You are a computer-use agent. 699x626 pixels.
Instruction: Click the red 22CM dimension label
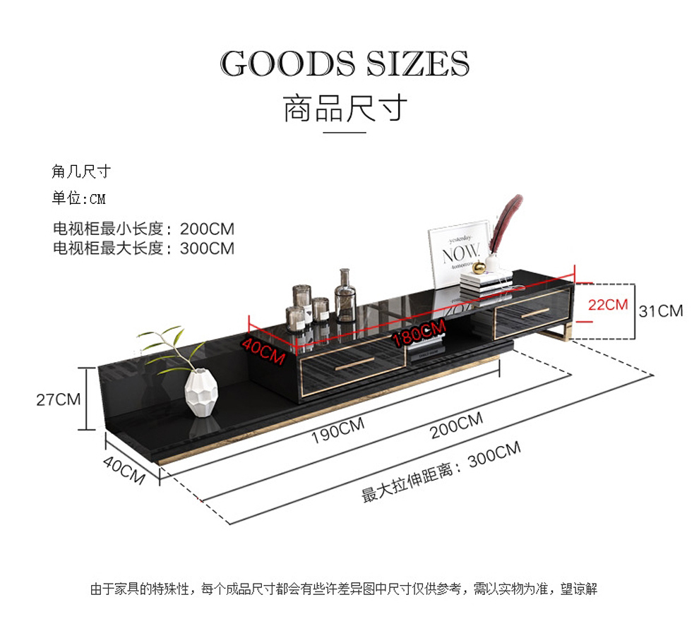608,305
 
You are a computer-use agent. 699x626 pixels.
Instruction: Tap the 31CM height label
661,311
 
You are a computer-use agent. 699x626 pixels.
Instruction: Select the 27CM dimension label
59,399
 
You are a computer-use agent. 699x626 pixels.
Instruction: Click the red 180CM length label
419,332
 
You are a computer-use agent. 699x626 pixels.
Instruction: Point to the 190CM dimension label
337,431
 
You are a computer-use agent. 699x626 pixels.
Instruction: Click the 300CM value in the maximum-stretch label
494,454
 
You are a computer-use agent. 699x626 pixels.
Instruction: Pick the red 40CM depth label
263,351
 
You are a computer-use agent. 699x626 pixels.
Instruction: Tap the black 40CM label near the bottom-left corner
124,469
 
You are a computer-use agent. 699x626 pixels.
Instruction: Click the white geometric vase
201,392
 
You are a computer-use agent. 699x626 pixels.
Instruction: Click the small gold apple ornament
479,267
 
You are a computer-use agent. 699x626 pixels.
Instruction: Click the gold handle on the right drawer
535,313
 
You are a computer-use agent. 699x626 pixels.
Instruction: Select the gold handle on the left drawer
355,364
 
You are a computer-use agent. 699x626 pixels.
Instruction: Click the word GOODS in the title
288,64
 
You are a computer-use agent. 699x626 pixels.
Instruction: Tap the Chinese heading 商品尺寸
345,108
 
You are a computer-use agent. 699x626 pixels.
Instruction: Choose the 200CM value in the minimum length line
207,229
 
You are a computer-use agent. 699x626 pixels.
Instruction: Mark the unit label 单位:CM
79,198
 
